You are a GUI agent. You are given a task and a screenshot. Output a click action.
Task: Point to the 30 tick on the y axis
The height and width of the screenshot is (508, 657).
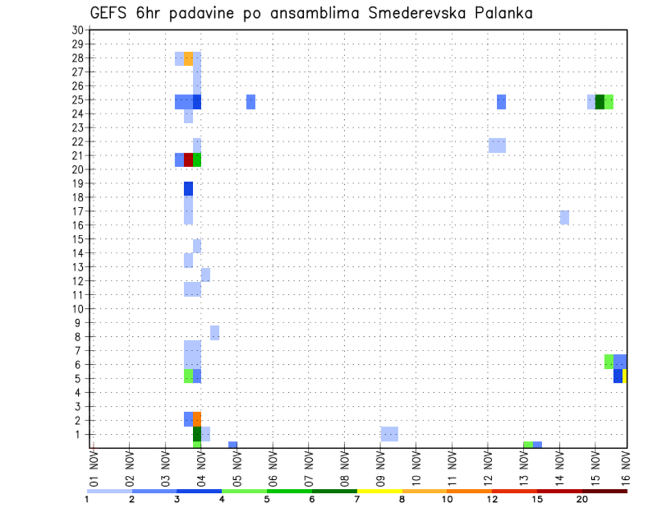point(77,29)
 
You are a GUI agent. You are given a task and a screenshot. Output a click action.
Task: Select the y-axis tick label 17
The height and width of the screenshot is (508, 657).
point(77,211)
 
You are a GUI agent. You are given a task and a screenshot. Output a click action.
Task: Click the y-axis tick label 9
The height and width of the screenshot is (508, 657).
point(79,322)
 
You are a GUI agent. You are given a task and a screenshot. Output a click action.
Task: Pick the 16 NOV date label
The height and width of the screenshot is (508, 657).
point(626,468)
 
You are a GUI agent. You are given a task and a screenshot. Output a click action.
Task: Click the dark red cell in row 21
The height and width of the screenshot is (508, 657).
point(188,160)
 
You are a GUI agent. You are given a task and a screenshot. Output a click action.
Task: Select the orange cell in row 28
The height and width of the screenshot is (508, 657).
point(188,59)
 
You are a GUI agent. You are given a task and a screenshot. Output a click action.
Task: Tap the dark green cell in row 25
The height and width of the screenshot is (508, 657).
point(600,101)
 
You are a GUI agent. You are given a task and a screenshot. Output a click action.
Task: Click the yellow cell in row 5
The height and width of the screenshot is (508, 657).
point(625,376)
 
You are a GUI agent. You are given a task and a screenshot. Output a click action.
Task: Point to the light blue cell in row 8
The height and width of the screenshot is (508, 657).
point(215,333)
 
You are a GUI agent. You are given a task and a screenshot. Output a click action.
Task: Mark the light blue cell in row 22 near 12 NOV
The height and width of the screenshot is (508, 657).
point(497,145)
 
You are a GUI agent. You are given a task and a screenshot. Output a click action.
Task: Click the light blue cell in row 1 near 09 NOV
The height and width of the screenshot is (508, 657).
point(389,434)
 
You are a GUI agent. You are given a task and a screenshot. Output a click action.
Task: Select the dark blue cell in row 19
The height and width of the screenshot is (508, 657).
point(188,188)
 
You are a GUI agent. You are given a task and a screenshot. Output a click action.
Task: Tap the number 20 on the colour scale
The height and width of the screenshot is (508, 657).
point(582,499)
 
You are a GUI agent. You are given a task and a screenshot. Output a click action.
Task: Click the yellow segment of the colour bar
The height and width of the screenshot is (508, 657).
point(380,491)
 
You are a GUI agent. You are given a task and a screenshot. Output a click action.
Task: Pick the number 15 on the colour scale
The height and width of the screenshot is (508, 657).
point(537,499)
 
